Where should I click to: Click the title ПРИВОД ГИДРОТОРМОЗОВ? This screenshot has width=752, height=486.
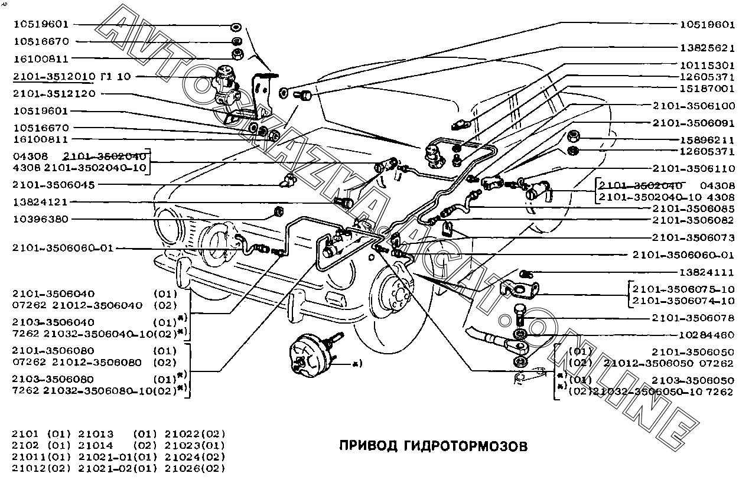(x=433, y=445)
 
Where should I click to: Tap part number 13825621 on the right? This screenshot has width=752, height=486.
(x=707, y=48)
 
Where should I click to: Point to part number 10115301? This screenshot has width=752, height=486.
(x=707, y=65)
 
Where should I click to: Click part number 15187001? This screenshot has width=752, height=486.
(x=707, y=89)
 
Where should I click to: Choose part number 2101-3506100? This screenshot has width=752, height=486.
(x=694, y=106)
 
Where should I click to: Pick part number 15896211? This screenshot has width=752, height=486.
(x=707, y=141)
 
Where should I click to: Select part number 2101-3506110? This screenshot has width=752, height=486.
(x=694, y=168)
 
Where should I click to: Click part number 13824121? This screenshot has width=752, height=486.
(x=40, y=202)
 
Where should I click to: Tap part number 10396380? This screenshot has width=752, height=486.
(x=40, y=219)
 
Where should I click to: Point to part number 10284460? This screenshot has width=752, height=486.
(x=707, y=335)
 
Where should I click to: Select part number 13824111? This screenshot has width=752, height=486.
(x=707, y=272)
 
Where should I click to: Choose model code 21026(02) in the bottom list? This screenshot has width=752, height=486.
(x=196, y=468)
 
